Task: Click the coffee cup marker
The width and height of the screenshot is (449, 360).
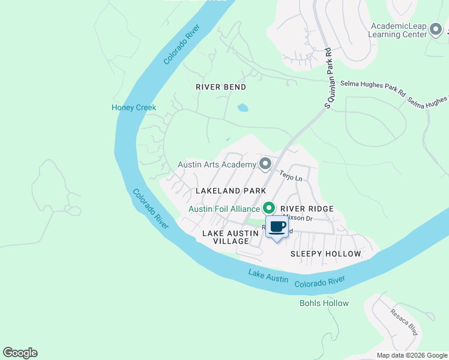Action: click(x=277, y=228)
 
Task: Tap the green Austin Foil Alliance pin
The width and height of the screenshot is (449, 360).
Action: click(x=269, y=208)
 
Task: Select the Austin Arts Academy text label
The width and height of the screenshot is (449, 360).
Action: click(x=217, y=164)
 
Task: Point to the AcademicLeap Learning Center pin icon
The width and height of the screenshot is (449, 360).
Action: click(x=436, y=29)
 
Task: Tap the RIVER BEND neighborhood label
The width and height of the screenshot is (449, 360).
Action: click(x=221, y=87)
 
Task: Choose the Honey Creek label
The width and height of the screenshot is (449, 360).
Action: click(x=134, y=108)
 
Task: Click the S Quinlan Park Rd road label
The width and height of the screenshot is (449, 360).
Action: click(x=328, y=78)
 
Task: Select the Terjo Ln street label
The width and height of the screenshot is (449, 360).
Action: click(x=291, y=175)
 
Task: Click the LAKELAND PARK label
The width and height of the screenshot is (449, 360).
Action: click(x=231, y=191)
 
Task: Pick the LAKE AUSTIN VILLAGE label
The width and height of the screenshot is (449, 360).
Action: click(x=226, y=237)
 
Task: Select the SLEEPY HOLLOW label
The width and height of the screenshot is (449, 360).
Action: click(x=326, y=254)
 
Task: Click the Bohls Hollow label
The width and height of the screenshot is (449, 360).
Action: click(x=324, y=303)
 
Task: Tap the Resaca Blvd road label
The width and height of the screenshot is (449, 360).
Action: click(x=403, y=322)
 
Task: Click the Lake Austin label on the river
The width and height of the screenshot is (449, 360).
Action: click(x=268, y=277)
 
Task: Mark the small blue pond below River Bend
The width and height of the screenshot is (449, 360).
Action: click(x=242, y=109)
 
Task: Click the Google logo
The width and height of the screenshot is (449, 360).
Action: click(x=20, y=353)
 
